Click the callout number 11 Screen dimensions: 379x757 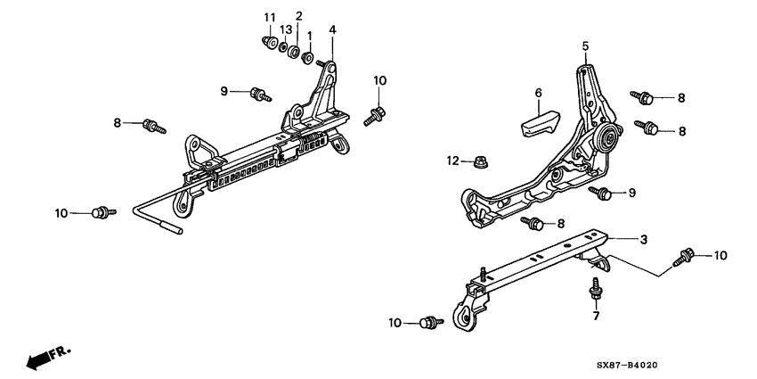coord(270,18)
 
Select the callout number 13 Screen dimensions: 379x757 coord(285,29)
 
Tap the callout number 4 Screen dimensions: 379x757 coord(332,30)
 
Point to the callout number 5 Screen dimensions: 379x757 coord(585,45)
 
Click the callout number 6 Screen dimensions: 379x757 coord(538,92)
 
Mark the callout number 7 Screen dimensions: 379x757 coord(596,316)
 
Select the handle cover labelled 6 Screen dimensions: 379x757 coord(537,119)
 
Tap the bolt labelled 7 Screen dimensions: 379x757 coord(595,290)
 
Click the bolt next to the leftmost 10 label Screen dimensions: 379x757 coord(103,212)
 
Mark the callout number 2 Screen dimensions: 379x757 coord(298,16)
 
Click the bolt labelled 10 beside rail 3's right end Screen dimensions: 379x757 coord(687,255)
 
